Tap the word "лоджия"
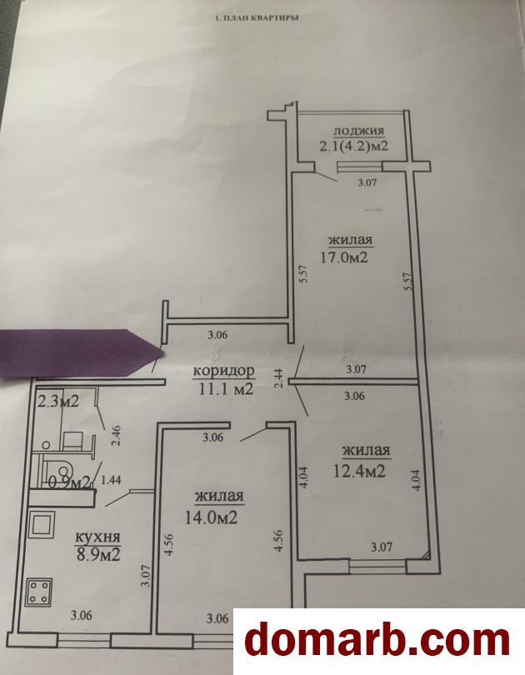point(358,131)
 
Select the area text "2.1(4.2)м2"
point(353,146)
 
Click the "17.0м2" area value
point(344,257)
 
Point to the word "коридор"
point(224,372)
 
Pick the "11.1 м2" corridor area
point(227,389)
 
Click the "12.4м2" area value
point(359,472)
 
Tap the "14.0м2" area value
point(211,517)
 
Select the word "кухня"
point(97,537)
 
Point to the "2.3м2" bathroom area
point(58,401)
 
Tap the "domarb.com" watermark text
point(378,642)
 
